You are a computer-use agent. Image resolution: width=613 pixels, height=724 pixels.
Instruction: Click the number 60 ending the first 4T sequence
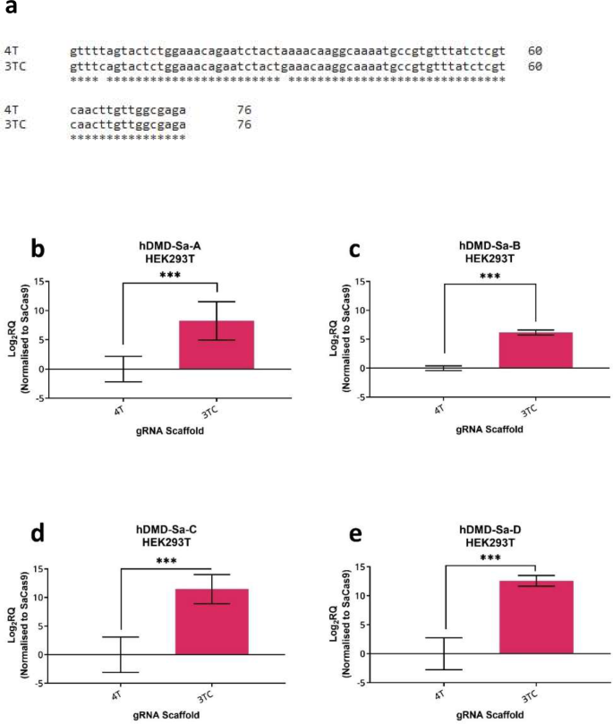tap(535, 50)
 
